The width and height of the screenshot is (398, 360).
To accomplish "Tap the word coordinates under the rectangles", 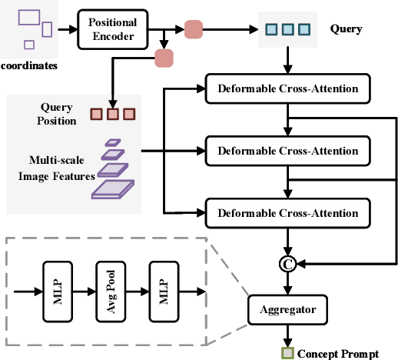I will tap(28, 65).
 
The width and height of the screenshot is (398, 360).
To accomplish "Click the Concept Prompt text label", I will tap(337, 353).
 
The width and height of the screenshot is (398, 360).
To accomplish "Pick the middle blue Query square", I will tap(286, 30).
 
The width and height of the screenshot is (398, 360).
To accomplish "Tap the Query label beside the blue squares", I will tap(346, 29).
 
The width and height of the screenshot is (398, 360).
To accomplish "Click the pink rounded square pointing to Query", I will tap(194, 29).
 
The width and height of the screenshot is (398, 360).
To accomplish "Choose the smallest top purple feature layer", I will tap(113, 142).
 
